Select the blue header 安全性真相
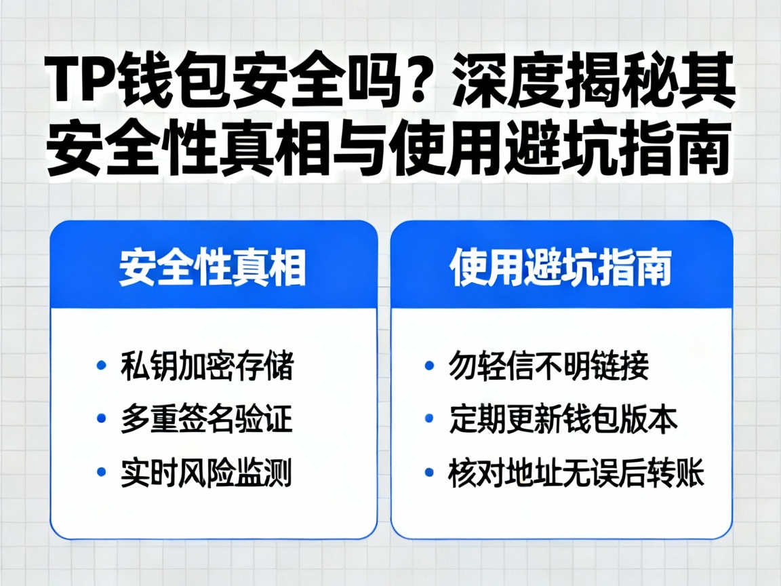click(x=213, y=269)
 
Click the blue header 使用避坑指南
click(x=561, y=269)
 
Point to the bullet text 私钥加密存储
click(x=207, y=367)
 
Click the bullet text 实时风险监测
click(x=207, y=473)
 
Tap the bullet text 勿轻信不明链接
click(x=548, y=367)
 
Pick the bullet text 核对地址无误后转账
click(x=576, y=473)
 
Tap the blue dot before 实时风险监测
click(x=102, y=472)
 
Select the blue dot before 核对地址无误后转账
click(x=429, y=472)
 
